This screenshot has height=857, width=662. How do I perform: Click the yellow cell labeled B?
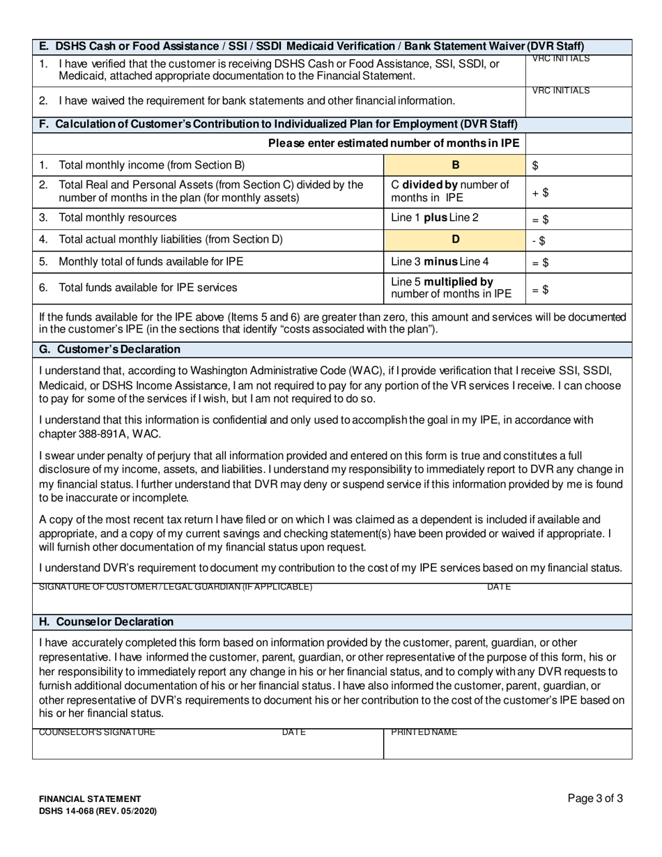(456, 165)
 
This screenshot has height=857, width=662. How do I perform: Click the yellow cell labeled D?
(456, 240)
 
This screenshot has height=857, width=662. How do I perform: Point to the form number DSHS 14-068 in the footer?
(98, 811)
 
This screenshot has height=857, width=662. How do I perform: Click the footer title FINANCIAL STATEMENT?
(90, 799)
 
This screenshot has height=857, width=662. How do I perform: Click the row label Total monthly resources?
(117, 217)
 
